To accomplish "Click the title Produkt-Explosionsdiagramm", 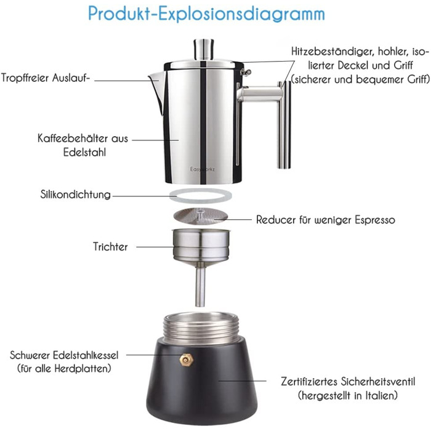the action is pyautogui.click(x=206, y=14).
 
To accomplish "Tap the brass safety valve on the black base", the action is pyautogui.click(x=187, y=360).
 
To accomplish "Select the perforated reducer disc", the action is pyautogui.click(x=201, y=216).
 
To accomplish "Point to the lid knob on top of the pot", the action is pyautogui.click(x=204, y=49).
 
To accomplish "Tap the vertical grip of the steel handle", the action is pyautogui.click(x=284, y=124).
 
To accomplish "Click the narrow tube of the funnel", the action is pyautogui.click(x=200, y=288).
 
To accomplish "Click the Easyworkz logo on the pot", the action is pyautogui.click(x=203, y=169).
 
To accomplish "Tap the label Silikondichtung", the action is pyautogui.click(x=75, y=195).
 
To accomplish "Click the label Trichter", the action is pyautogui.click(x=110, y=246).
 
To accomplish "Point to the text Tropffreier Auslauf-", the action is pyautogui.click(x=46, y=78).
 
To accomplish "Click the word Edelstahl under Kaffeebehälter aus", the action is pyautogui.click(x=84, y=152).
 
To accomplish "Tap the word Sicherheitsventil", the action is pyautogui.click(x=378, y=381).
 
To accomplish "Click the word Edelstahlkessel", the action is pyautogui.click(x=86, y=355).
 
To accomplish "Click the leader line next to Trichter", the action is pyautogui.click(x=155, y=247).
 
